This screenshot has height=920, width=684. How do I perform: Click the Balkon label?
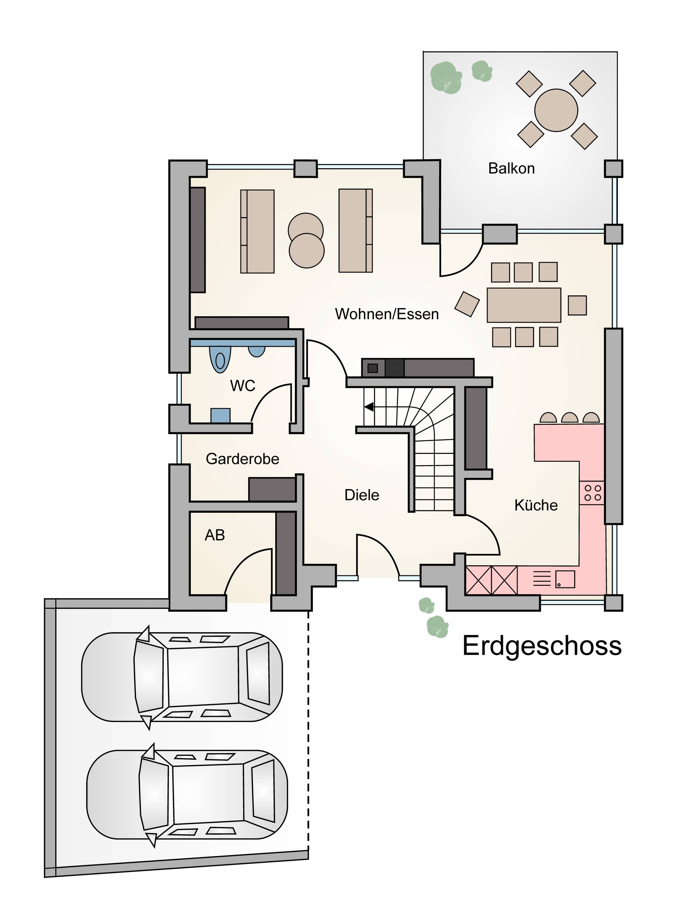tap(511, 169)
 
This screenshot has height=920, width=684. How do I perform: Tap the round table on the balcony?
tap(556, 110)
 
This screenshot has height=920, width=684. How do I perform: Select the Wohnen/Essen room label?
tap(387, 314)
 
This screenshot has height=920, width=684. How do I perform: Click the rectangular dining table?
tap(524, 305)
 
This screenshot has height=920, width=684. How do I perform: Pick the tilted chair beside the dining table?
tap(467, 304)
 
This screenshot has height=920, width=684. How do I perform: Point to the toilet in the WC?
tap(220, 359)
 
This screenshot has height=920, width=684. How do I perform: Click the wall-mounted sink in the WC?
tap(256, 351)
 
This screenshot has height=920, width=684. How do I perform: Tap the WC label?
tap(242, 386)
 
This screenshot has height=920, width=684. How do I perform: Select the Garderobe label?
tap(242, 459)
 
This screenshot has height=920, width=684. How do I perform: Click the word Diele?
tap(361, 495)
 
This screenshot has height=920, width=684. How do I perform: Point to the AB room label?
tap(214, 535)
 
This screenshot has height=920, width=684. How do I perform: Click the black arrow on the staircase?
tap(369, 407)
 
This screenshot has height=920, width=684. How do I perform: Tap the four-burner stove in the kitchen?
tap(592, 493)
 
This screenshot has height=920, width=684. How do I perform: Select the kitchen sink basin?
tap(565, 579)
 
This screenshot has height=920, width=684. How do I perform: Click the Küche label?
tap(536, 505)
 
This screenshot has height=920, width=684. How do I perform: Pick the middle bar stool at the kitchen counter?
tap(569, 418)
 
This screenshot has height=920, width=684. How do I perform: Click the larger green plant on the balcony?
tap(446, 78)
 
